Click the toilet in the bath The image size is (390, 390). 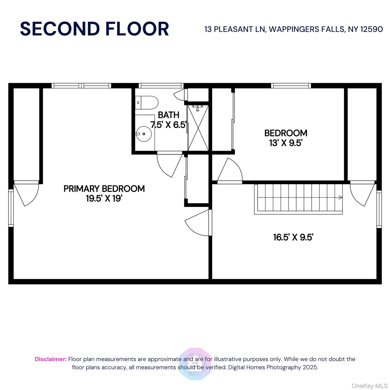click(x=147, y=103)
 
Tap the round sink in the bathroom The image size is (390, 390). click(x=144, y=134)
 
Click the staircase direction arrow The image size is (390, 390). click(x=340, y=197)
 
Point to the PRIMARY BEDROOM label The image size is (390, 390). click(x=104, y=189)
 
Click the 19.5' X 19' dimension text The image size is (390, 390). click(x=104, y=198)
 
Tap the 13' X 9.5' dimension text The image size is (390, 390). click(x=286, y=143)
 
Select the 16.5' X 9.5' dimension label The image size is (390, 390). click(x=293, y=237)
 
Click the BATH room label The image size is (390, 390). click(x=169, y=115)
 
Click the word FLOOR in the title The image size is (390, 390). click(x=137, y=29)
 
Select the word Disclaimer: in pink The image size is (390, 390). click(x=51, y=359)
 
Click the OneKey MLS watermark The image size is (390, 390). click(x=369, y=386)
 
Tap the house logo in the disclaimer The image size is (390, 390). click(x=195, y=364)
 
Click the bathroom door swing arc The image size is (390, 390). click(x=167, y=168)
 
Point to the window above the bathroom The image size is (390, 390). click(x=161, y=86)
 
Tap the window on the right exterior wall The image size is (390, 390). click(x=379, y=209)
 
